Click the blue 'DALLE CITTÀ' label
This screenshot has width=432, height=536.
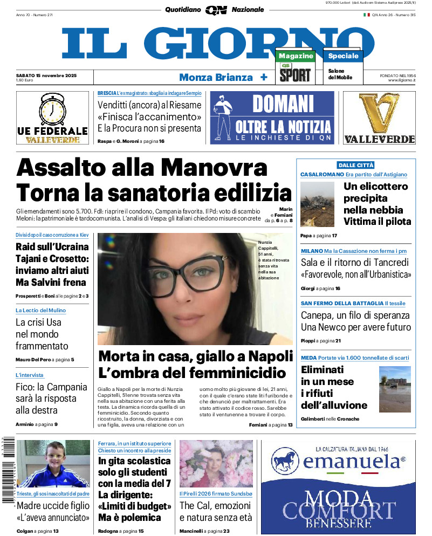(355, 165)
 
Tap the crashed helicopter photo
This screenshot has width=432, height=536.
(317, 203)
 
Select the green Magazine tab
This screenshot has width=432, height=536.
(296, 56)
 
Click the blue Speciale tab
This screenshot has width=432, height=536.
(343, 56)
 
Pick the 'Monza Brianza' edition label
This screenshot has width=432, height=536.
(216, 77)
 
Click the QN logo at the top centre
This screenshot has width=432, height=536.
(216, 10)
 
